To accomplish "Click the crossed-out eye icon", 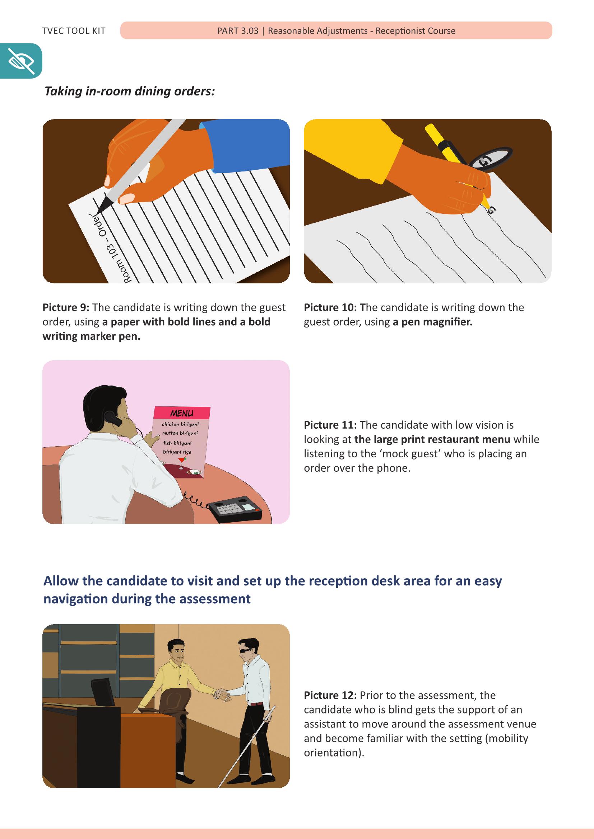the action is tap(21, 61).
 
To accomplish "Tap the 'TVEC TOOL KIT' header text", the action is tap(74, 31).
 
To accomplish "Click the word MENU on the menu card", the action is tap(181, 414).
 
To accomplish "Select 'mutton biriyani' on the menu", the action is tap(180, 433).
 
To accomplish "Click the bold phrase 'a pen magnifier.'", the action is tap(433, 322).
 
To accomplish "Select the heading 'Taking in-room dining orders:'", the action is tap(130, 91).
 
